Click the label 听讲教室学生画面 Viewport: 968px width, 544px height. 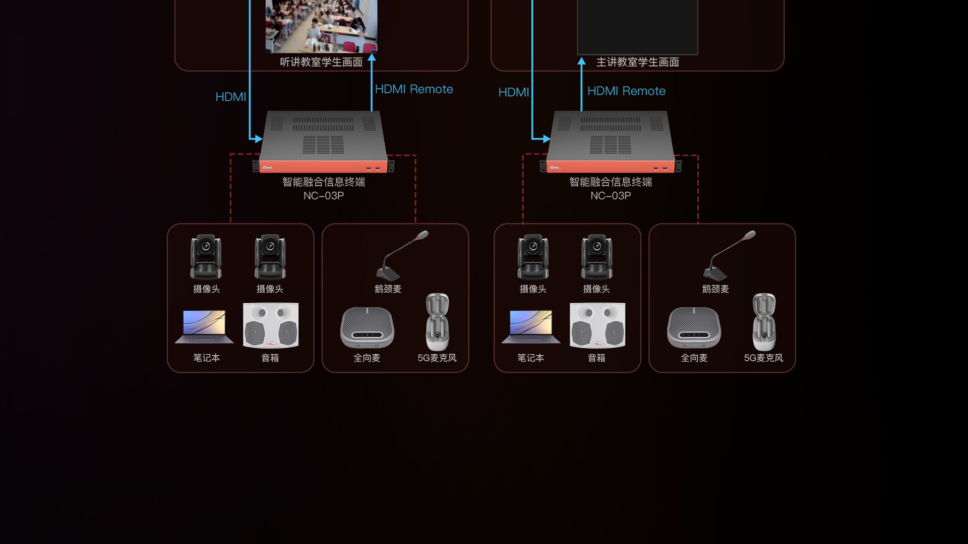321,62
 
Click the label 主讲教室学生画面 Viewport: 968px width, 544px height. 637,62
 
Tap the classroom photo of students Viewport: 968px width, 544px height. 321,25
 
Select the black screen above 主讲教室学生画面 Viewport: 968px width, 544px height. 637,25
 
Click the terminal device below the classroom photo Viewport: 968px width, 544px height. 323,141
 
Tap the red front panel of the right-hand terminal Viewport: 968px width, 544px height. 610,167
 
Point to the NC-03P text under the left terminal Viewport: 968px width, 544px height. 323,196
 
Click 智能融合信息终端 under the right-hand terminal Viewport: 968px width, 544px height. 610,182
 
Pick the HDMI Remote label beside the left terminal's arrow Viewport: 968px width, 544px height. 413,89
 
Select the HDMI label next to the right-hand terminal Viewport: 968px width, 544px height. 513,92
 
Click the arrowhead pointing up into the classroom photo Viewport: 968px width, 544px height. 372,58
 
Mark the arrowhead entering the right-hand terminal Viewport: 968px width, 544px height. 546,138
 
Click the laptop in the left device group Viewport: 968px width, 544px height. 204,327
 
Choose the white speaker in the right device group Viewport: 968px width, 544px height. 597,325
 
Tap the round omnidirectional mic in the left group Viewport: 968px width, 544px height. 367,328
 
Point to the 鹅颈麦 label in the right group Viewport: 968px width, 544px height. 715,289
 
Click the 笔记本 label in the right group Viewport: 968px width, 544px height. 530,358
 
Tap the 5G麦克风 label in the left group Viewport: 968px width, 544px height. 437,358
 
